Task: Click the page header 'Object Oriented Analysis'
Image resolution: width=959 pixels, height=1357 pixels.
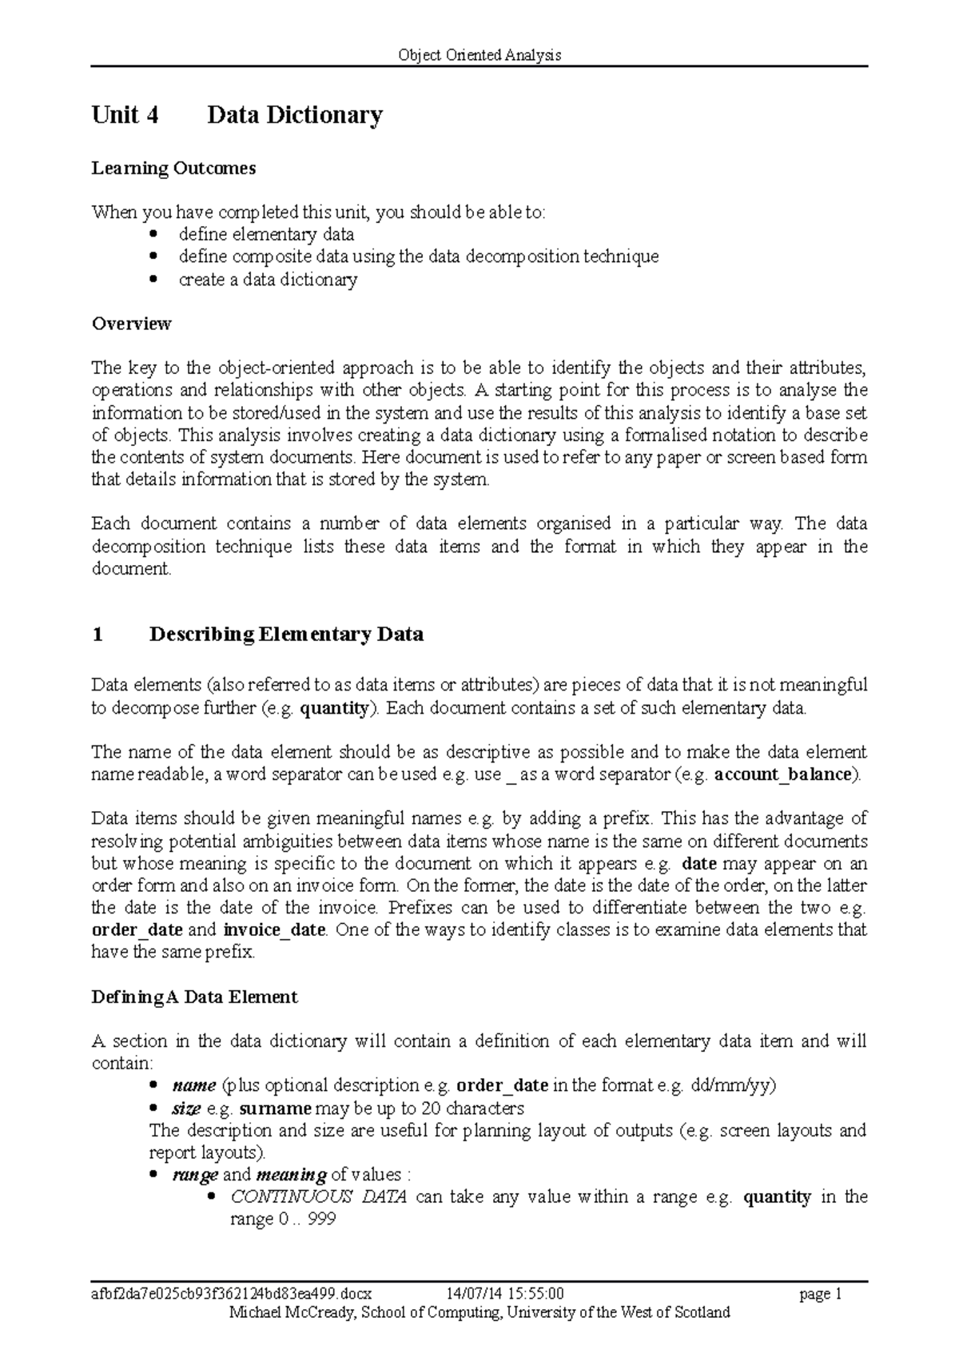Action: coord(479,55)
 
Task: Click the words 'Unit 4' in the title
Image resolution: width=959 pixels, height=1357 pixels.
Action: coord(125,115)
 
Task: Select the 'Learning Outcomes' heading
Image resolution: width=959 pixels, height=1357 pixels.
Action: coord(173,168)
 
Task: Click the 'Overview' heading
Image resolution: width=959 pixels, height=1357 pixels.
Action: coord(131,324)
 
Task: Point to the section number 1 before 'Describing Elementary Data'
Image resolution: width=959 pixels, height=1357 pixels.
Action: coord(97,635)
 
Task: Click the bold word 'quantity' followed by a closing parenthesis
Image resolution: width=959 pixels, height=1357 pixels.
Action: coord(334,707)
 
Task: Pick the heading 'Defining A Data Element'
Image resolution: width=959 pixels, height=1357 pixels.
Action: coord(194,997)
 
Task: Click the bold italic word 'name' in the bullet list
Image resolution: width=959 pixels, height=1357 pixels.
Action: coord(194,1085)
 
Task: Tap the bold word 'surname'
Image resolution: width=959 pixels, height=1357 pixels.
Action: coord(275,1108)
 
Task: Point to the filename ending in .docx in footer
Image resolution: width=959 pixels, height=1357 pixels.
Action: coord(232,1293)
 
